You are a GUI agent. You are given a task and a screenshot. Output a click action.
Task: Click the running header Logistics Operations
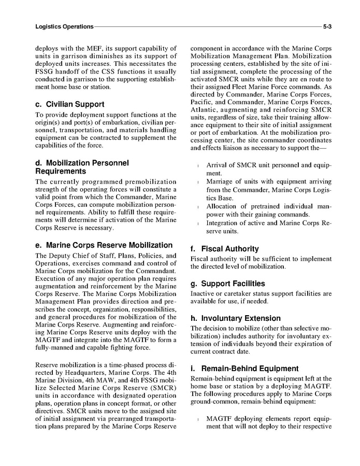point(64,26)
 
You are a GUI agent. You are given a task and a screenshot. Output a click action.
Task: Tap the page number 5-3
point(327,26)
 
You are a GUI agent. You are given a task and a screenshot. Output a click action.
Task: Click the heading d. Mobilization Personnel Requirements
point(81,166)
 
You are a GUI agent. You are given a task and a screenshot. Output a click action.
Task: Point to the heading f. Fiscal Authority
point(224,249)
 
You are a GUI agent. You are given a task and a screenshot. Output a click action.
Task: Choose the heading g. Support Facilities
point(227,284)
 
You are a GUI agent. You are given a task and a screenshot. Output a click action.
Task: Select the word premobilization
point(145,182)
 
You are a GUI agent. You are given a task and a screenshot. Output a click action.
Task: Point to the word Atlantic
point(205,110)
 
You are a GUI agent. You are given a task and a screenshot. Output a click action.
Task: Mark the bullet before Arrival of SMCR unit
point(198,166)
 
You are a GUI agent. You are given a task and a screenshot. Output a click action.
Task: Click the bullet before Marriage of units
point(198,182)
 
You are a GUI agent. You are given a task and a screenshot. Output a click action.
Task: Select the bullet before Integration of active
point(198,223)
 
